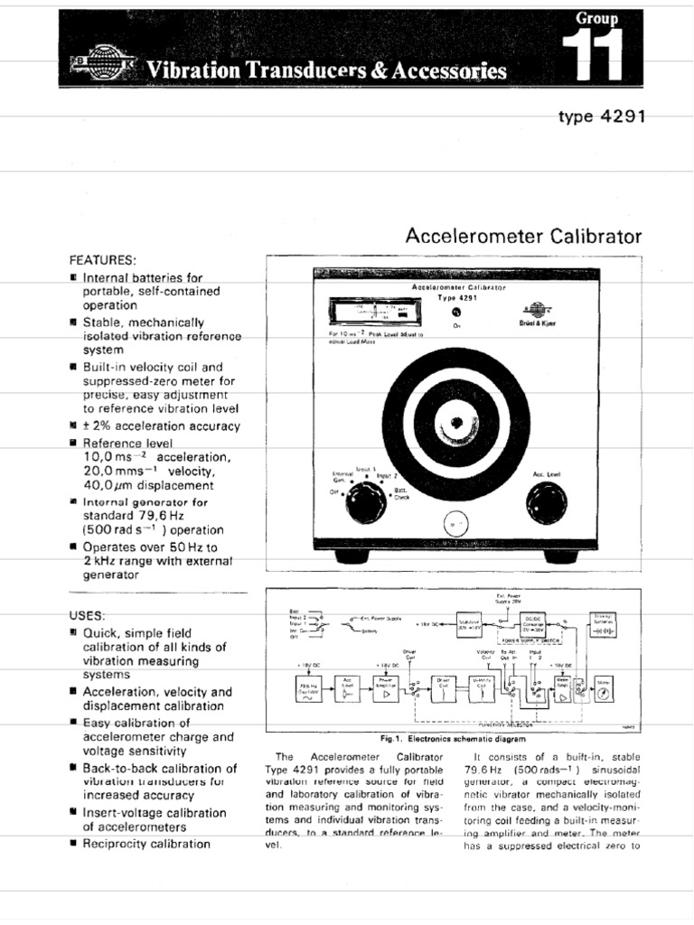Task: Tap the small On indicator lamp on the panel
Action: coord(444,311)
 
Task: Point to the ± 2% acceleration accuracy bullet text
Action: coord(161,425)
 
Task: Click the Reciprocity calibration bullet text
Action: coord(146,844)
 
